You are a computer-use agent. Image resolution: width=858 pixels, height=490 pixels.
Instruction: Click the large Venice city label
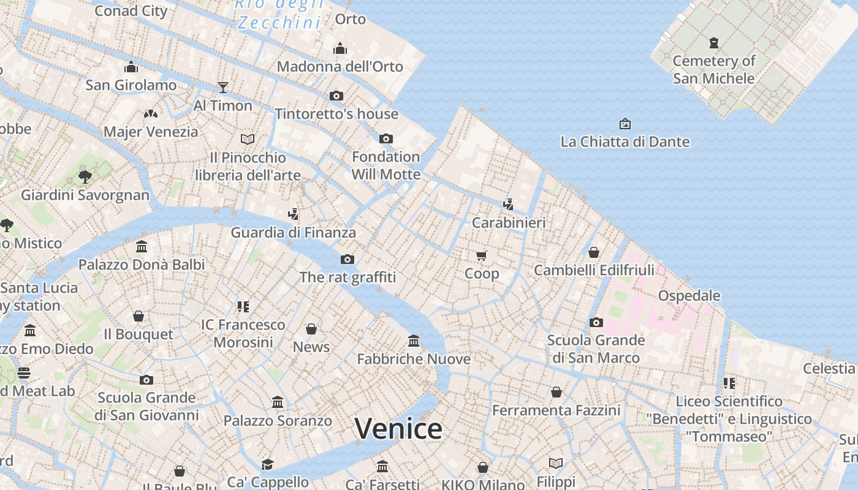[x=398, y=428]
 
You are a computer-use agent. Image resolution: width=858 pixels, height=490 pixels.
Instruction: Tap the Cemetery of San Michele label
[x=714, y=69]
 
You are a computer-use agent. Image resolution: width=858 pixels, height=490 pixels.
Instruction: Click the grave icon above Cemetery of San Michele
[x=714, y=43]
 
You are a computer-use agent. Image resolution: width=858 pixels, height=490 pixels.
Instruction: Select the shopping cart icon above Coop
[x=482, y=255]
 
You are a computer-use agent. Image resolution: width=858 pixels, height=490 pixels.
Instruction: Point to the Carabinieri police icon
[x=508, y=204]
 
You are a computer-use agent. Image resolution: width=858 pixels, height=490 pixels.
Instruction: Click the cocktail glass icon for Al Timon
[x=223, y=88]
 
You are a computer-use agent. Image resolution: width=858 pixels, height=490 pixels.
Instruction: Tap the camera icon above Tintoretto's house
[x=336, y=96]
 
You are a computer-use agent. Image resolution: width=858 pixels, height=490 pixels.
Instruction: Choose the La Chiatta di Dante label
[x=625, y=141]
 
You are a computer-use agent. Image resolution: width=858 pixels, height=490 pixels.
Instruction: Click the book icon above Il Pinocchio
[x=248, y=139]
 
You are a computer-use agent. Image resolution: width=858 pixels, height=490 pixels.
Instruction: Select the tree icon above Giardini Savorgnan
[x=85, y=177]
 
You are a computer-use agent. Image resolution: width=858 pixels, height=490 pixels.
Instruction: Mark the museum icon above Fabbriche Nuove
[x=414, y=341]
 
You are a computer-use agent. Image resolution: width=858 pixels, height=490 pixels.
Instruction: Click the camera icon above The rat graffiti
[x=347, y=259]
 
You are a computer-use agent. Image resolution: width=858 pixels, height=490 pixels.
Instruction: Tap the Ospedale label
[x=689, y=295]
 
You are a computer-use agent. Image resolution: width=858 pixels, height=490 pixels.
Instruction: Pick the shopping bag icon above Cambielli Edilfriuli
[x=594, y=252]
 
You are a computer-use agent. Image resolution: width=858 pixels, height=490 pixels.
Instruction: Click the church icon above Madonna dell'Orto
[x=340, y=48]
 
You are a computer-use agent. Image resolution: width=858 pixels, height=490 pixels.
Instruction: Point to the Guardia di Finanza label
[x=293, y=233]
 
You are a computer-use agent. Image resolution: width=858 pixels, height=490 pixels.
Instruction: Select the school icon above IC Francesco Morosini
[x=243, y=306]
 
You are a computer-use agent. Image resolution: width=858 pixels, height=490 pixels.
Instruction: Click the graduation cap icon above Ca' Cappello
[x=267, y=464]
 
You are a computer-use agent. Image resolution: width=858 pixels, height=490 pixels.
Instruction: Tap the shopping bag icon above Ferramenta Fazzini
[x=556, y=391]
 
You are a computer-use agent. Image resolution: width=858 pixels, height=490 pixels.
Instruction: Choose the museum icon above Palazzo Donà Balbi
[x=142, y=246]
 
